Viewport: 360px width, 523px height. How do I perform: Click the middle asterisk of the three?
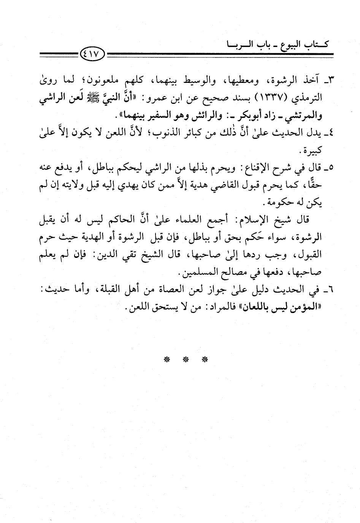coord(185,359)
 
